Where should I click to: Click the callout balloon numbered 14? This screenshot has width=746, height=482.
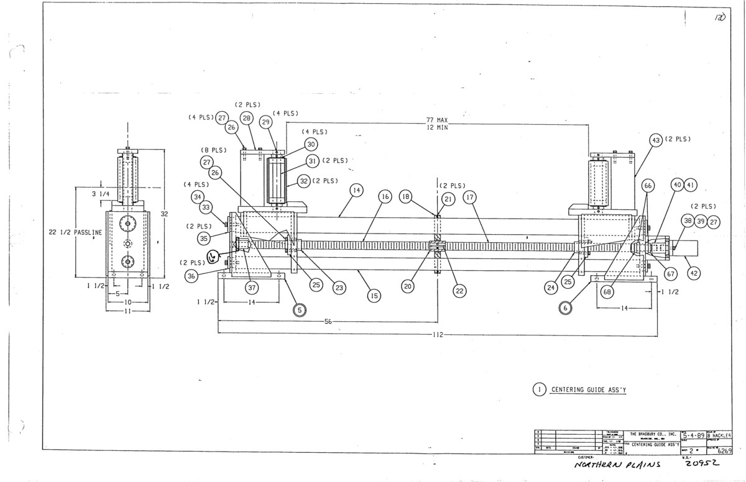tap(356, 192)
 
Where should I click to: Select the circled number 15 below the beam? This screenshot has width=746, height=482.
tap(374, 296)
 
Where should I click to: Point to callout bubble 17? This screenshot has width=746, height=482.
tap(469, 196)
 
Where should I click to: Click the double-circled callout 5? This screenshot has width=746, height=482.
tap(300, 309)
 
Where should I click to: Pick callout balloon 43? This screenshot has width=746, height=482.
tap(655, 140)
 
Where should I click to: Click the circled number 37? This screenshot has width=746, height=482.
tap(252, 288)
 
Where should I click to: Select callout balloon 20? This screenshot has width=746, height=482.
tap(408, 288)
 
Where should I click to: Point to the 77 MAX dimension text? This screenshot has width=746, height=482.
tap(442, 119)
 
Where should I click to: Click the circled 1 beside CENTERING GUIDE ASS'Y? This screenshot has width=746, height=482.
tap(539, 389)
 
